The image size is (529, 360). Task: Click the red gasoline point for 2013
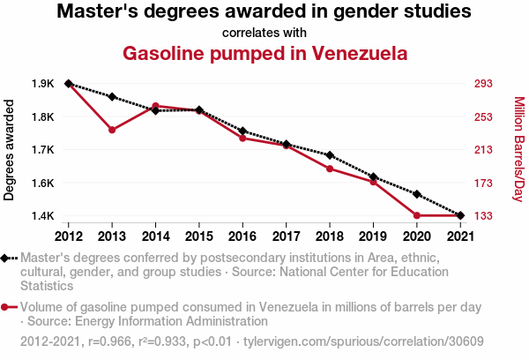112,130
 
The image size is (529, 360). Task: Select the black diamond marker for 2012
69,84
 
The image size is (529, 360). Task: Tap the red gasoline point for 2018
330,169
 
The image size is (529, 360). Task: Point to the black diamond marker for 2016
242,131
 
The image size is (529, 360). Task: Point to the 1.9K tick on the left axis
42,84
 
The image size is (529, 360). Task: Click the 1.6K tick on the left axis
42,183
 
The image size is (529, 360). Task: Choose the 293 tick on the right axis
485,84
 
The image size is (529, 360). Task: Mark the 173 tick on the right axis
485,183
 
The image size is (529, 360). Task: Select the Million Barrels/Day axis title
518,150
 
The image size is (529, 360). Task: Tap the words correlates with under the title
264,33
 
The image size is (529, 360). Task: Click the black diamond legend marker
9,258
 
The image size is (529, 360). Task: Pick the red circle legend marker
9,307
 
